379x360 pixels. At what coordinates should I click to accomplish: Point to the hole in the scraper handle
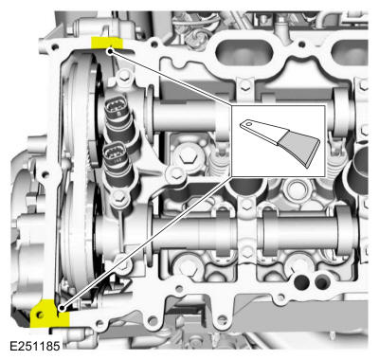click(x=249, y=123)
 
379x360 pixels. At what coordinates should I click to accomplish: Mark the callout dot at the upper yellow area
click(x=111, y=51)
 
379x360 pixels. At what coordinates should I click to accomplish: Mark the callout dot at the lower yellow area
click(x=60, y=307)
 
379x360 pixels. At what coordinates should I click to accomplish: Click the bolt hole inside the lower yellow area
click(x=42, y=314)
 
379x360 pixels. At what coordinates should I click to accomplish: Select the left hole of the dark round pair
click(x=301, y=281)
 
